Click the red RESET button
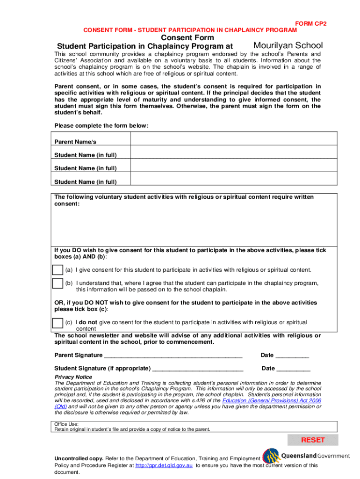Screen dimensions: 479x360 click(312, 440)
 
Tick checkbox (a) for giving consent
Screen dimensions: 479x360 click(58, 270)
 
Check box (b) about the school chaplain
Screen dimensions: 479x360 click(58, 283)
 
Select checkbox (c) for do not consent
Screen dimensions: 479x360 click(58, 323)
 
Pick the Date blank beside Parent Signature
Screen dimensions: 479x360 click(292, 356)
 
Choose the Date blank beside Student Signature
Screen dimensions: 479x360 click(293, 369)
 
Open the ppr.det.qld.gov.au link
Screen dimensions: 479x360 click(164, 465)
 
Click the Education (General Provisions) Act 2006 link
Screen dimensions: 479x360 click(272, 400)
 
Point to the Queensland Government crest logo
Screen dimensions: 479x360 click(271, 456)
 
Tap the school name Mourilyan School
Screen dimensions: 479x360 click(288, 45)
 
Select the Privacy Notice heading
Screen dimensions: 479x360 click(73, 377)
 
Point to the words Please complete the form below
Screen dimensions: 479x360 click(101, 125)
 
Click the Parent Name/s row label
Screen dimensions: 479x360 click(75, 142)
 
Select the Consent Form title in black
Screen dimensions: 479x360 click(187, 37)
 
